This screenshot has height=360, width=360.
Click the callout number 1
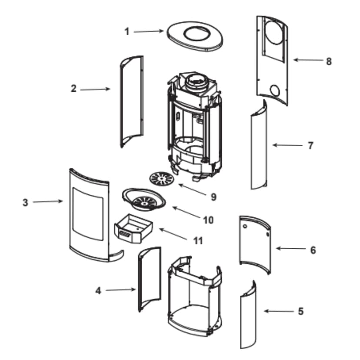[x=127, y=31]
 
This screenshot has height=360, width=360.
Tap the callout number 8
[x=328, y=61]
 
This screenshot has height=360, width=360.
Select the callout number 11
[x=198, y=240]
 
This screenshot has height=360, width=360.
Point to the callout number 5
[x=300, y=311]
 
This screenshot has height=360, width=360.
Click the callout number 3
[x=25, y=202]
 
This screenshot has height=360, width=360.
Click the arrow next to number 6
[x=291, y=249]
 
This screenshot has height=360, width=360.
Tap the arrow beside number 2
[x=95, y=89]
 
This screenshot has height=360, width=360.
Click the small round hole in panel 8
[x=275, y=91]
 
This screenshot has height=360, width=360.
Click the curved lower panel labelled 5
[x=249, y=315]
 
